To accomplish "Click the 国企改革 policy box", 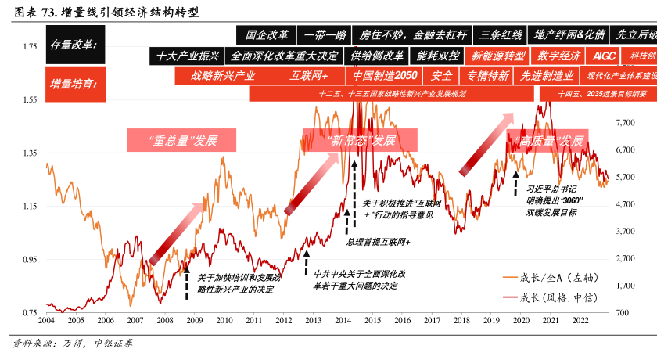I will point(267,35).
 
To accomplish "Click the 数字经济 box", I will point(559,56).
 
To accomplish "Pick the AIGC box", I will point(605,56).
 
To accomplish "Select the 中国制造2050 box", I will point(384,76).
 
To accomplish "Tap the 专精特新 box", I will point(488,76).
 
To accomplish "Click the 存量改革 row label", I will point(73,45).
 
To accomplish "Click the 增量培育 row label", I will point(73,83).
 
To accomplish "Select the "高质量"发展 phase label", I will point(546,141).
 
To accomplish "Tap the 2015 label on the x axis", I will point(372,320).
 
